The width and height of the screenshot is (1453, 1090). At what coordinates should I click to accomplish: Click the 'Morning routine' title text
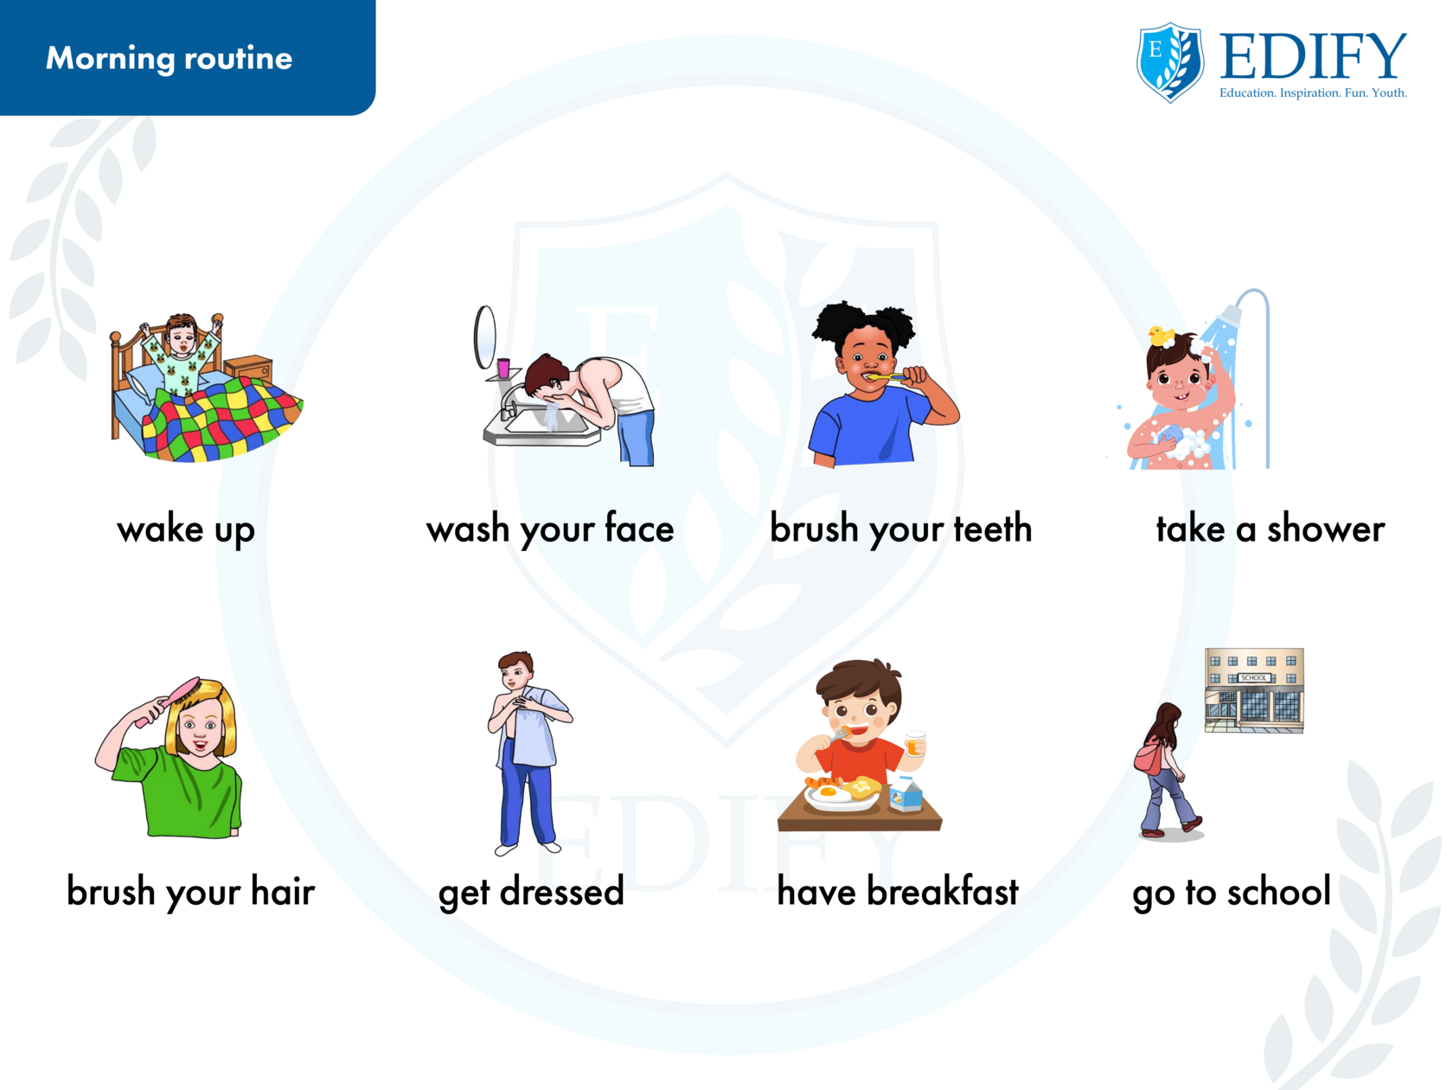pyautogui.click(x=169, y=58)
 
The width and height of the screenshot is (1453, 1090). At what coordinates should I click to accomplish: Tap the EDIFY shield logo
pyautogui.click(x=1169, y=62)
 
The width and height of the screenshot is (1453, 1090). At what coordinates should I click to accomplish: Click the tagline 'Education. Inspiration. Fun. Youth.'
pyautogui.click(x=1313, y=93)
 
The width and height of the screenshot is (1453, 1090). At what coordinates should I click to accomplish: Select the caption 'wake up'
pyautogui.click(x=186, y=530)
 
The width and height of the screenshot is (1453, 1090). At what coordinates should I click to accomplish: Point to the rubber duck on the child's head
pyautogui.click(x=1161, y=336)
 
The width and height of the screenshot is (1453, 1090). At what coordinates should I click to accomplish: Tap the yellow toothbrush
pyautogui.click(x=882, y=377)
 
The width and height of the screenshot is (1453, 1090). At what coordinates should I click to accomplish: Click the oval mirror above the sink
pyautogui.click(x=484, y=337)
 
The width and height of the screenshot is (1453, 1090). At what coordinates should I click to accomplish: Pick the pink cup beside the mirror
pyautogui.click(x=503, y=368)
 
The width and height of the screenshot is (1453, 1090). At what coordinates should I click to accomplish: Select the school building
pyautogui.click(x=1254, y=690)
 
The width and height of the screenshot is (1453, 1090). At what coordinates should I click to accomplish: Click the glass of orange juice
pyautogui.click(x=914, y=742)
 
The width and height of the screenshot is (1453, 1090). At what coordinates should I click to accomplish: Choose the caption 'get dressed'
pyautogui.click(x=531, y=892)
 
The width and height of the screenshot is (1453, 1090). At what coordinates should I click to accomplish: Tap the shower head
pyautogui.click(x=1230, y=314)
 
